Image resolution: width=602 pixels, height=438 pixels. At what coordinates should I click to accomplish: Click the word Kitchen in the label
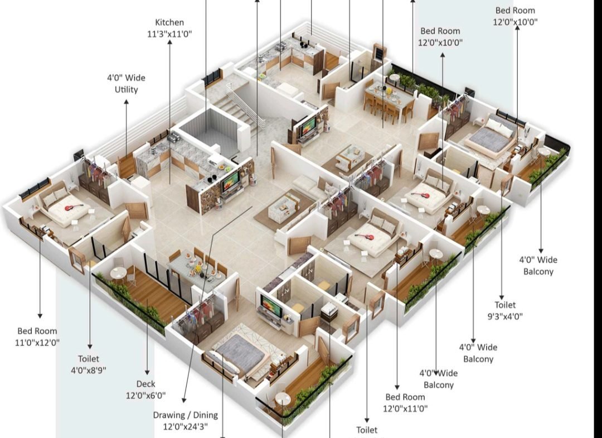pyautogui.click(x=169, y=22)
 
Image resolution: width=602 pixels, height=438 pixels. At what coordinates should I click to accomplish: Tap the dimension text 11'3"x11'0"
pyautogui.click(x=169, y=34)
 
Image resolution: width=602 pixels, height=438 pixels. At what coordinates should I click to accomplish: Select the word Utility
pyautogui.click(x=127, y=89)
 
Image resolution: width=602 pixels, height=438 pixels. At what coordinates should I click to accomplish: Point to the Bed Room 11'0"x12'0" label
pyautogui.click(x=37, y=336)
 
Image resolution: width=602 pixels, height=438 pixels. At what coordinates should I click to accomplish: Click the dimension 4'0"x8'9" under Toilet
pyautogui.click(x=89, y=370)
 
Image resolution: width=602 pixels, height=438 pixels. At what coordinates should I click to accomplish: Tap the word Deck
pyautogui.click(x=146, y=384)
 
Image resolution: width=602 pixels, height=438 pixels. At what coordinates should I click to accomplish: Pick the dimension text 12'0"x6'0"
pyautogui.click(x=146, y=396)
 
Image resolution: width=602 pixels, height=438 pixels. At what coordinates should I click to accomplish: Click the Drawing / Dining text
pyautogui.click(x=186, y=415)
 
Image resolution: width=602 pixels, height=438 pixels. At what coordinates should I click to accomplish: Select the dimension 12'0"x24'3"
pyautogui.click(x=186, y=426)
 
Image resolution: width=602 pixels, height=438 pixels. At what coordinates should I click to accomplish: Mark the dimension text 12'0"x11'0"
pyautogui.click(x=405, y=408)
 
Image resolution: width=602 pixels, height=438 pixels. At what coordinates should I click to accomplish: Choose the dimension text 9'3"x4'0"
pyautogui.click(x=505, y=316)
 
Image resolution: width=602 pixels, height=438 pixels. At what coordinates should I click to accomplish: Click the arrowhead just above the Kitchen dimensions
pyautogui.click(x=169, y=42)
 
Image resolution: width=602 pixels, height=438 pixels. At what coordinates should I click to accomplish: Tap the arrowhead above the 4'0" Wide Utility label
pyautogui.click(x=127, y=102)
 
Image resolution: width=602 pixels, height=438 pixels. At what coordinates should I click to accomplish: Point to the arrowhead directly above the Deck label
pyautogui.click(x=147, y=372)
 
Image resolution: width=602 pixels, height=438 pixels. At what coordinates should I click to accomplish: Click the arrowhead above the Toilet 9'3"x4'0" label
pyautogui.click(x=502, y=297)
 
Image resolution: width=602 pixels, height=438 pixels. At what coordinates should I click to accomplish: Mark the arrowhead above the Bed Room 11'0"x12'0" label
pyautogui.click(x=40, y=316)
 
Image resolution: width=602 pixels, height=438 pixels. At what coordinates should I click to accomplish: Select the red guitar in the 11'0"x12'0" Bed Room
pyautogui.click(x=74, y=208)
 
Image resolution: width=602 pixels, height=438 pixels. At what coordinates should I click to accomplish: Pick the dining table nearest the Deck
pyautogui.click(x=198, y=268)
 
